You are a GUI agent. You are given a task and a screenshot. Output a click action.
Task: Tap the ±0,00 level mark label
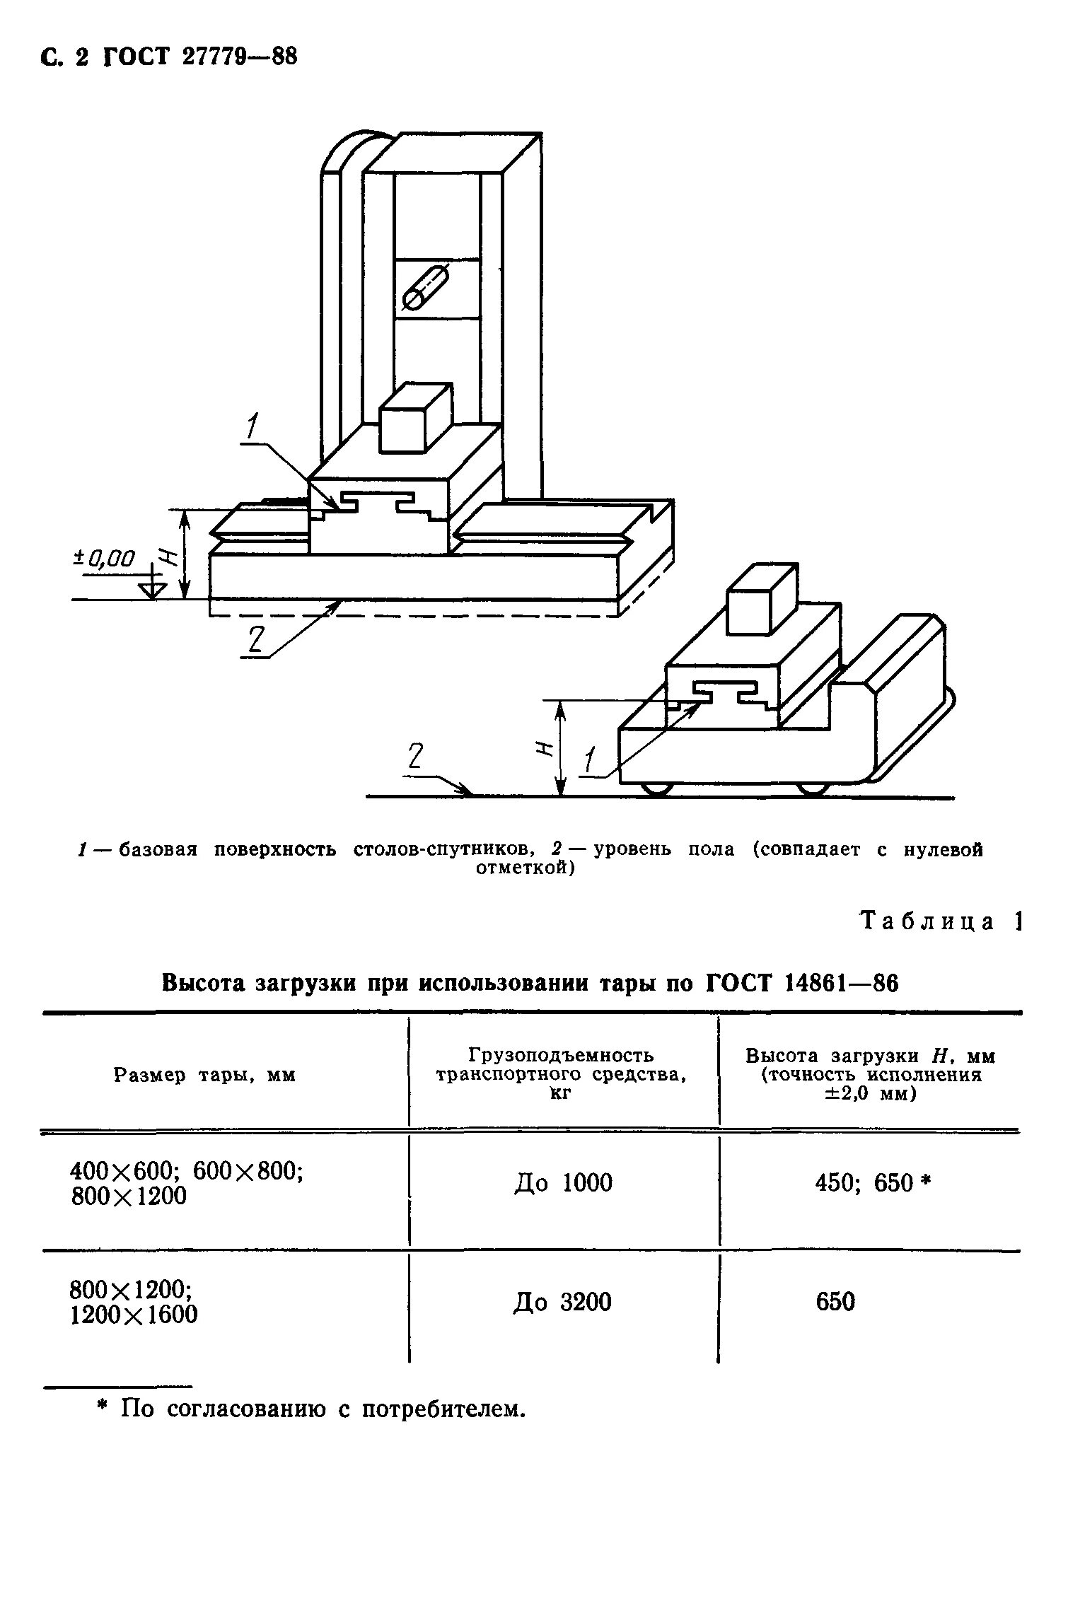104,559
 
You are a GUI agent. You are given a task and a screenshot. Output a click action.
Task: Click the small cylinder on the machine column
424,288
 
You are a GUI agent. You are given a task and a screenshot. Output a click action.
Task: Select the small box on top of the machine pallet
414,418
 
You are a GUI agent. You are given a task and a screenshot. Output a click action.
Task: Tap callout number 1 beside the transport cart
589,762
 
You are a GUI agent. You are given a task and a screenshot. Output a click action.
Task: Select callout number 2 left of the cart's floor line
415,757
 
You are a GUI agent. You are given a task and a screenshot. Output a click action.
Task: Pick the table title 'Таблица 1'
941,921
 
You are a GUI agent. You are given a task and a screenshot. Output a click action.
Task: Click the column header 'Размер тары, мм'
204,1076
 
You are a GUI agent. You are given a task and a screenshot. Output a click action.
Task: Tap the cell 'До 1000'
563,1182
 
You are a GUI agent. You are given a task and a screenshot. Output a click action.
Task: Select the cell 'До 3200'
562,1302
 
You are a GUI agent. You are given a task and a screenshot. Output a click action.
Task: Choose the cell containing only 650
835,1302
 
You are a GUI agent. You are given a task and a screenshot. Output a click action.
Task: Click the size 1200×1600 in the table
134,1315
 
